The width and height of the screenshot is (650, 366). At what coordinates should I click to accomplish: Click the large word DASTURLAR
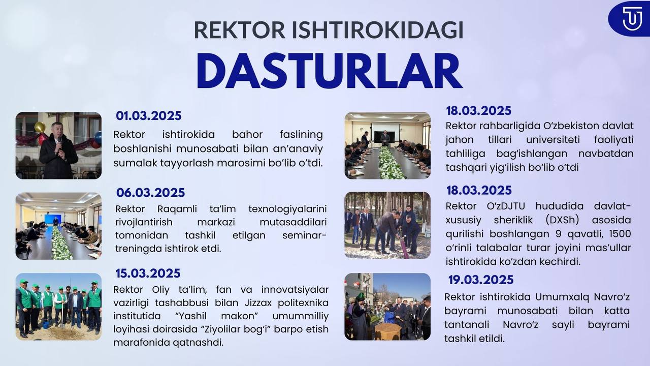point(330,71)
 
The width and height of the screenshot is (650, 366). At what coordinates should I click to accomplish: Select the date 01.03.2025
point(149,115)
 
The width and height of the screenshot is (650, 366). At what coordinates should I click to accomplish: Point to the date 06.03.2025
point(150,193)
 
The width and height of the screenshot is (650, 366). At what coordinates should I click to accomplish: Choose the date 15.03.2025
point(148,273)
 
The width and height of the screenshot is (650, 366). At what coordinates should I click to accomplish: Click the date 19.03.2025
point(481,280)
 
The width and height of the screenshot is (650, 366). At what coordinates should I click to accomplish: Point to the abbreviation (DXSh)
point(562,220)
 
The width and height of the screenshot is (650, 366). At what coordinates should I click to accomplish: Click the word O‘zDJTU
point(506,206)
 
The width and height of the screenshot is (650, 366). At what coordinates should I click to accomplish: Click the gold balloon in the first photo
point(40,127)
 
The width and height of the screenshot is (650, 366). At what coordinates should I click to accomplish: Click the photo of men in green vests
point(58,307)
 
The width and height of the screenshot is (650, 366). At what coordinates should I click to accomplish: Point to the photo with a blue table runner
point(58,226)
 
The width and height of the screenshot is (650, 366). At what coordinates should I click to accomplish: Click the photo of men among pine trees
point(387,225)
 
